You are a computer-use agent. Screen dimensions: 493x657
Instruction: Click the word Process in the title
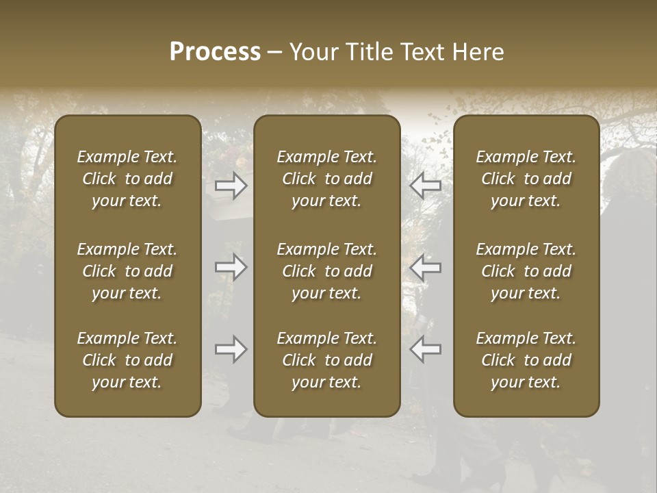[x=215, y=52]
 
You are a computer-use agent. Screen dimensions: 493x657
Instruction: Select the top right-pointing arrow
[x=231, y=185]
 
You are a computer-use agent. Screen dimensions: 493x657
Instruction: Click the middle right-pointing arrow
[x=231, y=267]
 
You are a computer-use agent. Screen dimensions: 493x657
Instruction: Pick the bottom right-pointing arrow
[x=231, y=349]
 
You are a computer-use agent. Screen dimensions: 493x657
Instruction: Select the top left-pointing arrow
[x=426, y=185]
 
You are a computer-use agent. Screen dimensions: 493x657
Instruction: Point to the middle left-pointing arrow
[x=426, y=267]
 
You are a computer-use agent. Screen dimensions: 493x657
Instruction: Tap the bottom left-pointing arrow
[x=426, y=349]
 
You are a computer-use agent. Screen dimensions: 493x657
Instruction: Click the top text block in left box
[x=127, y=179]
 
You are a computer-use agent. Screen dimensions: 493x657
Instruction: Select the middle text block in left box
[x=127, y=271]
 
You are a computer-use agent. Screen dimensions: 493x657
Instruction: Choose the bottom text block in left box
[x=127, y=360]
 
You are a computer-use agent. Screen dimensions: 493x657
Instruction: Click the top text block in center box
[x=327, y=179]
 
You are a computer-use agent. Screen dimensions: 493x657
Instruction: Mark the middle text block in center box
[x=327, y=271]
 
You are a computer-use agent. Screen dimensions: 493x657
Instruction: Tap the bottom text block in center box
[x=327, y=360]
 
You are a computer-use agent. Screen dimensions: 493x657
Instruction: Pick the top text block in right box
[x=526, y=179]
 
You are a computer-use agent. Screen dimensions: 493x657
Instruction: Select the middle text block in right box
[x=526, y=271]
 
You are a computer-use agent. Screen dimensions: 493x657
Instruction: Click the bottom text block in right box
[x=526, y=360]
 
